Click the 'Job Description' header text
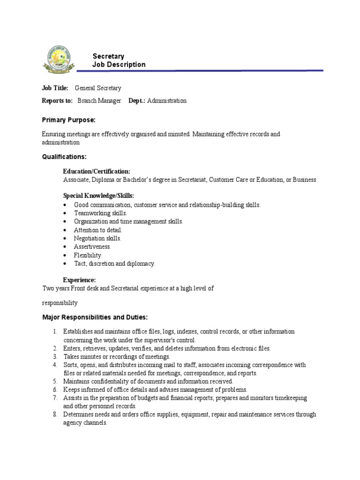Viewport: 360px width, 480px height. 119,65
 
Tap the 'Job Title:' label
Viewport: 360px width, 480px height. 55,88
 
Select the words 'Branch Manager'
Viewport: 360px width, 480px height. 99,101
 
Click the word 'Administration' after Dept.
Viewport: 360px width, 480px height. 167,101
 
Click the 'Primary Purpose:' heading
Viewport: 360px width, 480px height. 68,120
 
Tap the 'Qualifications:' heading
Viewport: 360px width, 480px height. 64,157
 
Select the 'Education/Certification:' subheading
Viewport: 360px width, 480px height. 97,172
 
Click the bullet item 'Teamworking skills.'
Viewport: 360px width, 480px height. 100,213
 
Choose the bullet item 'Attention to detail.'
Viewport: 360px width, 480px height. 98,230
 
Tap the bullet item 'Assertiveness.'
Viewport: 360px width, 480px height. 92,247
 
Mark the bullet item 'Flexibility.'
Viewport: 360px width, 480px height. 88,255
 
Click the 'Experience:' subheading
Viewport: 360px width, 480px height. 79,280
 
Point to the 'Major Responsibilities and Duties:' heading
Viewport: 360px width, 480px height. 95,317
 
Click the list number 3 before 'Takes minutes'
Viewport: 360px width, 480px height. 54,357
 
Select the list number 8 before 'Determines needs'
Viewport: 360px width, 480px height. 54,414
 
